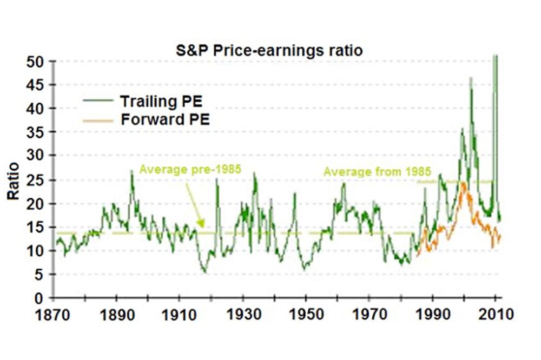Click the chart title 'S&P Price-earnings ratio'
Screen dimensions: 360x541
click(x=269, y=51)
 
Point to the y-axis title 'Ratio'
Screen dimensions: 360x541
click(x=13, y=181)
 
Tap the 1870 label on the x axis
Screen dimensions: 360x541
click(x=53, y=314)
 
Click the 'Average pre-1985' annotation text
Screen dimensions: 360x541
click(x=189, y=169)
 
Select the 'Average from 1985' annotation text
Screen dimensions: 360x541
click(x=377, y=172)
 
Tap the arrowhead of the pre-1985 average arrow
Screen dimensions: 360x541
click(x=202, y=225)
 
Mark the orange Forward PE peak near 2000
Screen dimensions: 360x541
click(x=463, y=183)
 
